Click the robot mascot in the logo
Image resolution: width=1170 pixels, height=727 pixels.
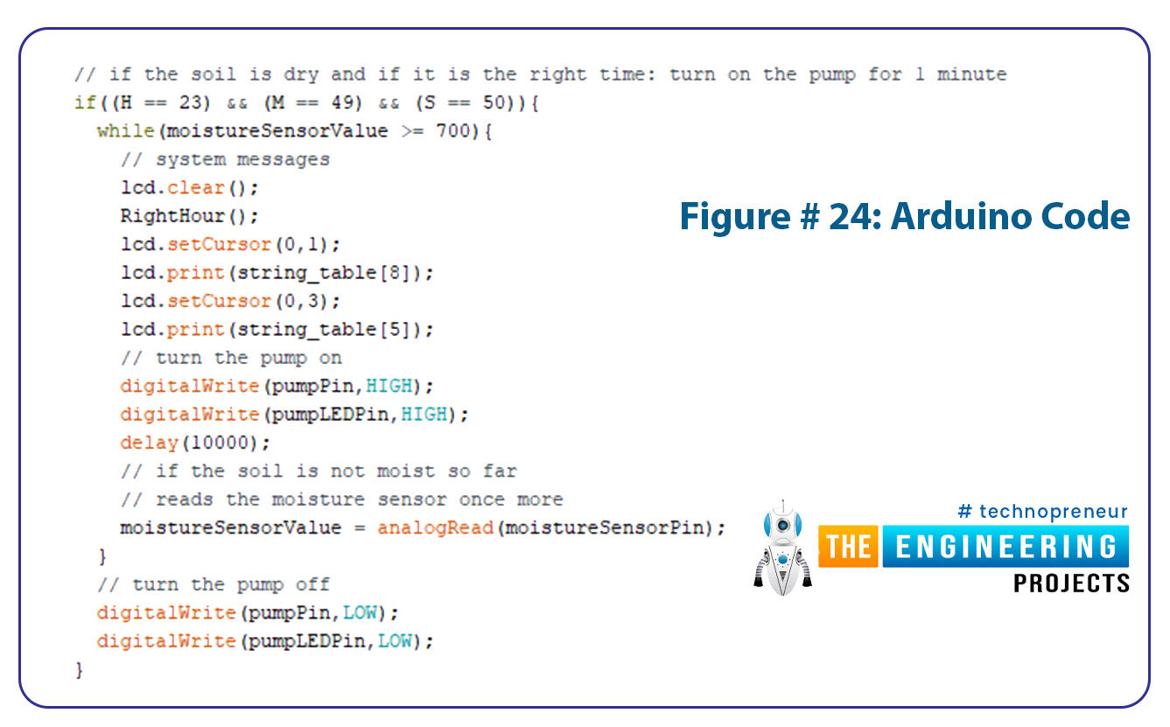point(782,549)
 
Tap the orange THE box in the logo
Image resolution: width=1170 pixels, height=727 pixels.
point(848,546)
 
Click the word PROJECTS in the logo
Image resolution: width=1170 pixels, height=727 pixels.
point(1071,584)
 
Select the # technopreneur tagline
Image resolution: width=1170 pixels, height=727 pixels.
point(1042,511)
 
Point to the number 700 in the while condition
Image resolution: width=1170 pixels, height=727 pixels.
point(453,130)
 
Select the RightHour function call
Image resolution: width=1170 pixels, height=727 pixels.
point(189,216)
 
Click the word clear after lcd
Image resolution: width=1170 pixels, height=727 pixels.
point(195,187)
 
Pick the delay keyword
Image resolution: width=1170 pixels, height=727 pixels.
point(150,443)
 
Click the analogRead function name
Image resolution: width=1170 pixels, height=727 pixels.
point(436,528)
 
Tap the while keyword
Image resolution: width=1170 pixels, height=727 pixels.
point(126,130)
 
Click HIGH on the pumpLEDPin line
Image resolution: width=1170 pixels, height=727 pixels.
point(424,414)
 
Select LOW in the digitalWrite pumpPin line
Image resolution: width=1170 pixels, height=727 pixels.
point(360,612)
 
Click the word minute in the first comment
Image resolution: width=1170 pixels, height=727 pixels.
point(971,74)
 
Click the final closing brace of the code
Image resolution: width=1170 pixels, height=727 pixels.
point(79,669)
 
